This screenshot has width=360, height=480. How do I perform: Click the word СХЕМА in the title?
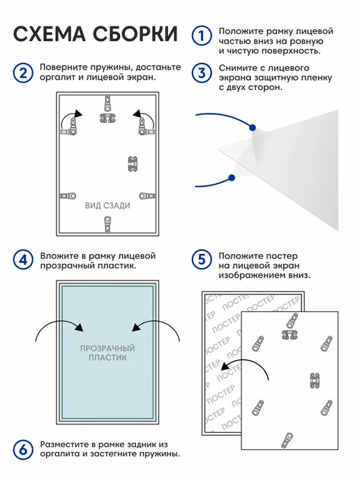coord(50,33)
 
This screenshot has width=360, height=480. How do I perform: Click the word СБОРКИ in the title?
coord(135,33)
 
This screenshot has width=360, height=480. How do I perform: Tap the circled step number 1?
coord(202,36)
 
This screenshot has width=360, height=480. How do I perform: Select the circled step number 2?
coord(23,73)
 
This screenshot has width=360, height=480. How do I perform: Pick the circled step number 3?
coord(202,73)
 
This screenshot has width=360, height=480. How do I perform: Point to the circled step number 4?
coord(23,260)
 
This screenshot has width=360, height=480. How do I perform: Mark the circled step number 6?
coord(23,450)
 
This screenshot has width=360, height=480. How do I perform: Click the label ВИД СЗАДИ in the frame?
coord(107,205)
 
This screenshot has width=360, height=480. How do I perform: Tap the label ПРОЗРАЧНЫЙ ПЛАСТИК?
coord(107,352)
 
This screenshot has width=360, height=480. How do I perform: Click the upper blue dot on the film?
coord(253,128)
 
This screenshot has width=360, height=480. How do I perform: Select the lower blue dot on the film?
coord(232,177)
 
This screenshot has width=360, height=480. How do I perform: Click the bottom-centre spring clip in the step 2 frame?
coord(107,225)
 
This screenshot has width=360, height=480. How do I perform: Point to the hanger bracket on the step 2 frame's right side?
coord(133,164)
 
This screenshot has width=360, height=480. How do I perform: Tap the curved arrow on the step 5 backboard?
coord(248,361)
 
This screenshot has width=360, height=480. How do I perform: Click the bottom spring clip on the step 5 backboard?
coord(287,440)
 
